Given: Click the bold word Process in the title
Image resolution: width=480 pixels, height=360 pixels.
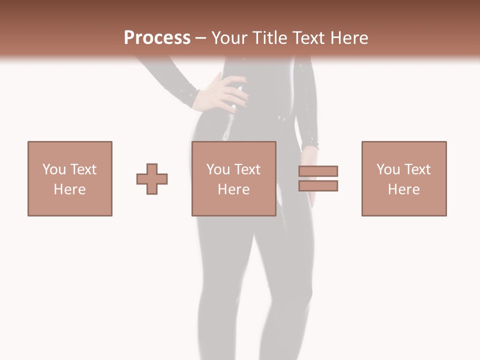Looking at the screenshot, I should pos(157,37).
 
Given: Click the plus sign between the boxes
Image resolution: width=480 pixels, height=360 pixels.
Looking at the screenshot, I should pos(152,179).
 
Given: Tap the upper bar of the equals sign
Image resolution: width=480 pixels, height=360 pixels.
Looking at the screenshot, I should pos(318,171).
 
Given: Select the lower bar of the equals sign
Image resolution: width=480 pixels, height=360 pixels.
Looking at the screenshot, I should pos(318,185).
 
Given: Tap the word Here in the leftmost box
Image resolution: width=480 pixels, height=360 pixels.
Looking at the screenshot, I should pos(70,189).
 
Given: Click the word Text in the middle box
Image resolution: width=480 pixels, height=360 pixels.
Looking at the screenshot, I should pos(247,169).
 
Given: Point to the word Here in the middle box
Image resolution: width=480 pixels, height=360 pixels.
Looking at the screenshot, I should pos(234,189).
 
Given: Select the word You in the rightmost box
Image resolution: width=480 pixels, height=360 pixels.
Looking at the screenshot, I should pos(388,169).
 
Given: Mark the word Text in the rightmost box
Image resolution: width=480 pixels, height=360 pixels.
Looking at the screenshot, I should pos(417,169).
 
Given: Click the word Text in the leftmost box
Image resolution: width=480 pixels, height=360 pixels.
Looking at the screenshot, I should pos(83,169).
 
